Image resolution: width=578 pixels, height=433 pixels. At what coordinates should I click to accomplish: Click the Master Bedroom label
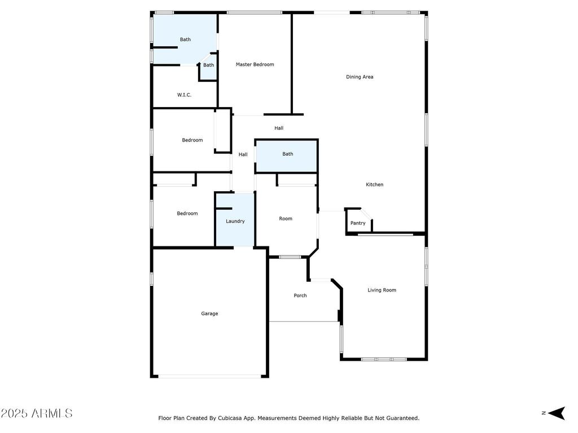click(x=255, y=64)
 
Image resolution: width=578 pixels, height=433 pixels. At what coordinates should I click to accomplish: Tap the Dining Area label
click(x=360, y=77)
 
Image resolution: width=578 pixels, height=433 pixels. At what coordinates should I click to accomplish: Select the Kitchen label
click(x=375, y=184)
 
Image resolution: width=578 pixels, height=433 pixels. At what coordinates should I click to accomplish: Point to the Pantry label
click(x=358, y=223)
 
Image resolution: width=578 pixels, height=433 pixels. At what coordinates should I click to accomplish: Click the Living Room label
click(x=382, y=290)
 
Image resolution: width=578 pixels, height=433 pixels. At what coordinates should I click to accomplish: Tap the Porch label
click(x=300, y=295)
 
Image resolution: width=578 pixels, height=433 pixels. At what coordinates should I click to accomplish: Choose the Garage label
click(x=209, y=313)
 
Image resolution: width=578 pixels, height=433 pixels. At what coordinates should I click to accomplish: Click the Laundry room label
click(x=235, y=221)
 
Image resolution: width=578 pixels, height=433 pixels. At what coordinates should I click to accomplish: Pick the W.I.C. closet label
click(x=185, y=95)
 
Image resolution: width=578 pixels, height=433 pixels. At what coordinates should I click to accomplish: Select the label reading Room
click(x=286, y=219)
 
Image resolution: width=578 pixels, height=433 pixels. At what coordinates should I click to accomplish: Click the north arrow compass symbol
click(x=556, y=413)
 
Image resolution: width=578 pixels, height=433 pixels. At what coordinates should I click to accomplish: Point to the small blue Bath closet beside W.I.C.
click(x=209, y=68)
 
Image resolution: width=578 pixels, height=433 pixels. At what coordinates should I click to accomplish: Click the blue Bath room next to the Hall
click(x=286, y=156)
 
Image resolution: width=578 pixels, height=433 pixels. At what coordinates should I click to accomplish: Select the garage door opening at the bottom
click(x=210, y=376)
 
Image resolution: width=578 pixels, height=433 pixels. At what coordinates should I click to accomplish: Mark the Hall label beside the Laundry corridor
click(x=243, y=154)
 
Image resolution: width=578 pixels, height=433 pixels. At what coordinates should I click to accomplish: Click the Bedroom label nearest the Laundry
click(x=187, y=214)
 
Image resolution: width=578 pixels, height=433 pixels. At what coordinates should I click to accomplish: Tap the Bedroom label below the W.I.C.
click(x=192, y=140)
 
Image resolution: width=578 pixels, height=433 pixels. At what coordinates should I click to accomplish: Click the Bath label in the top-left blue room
click(x=185, y=39)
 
